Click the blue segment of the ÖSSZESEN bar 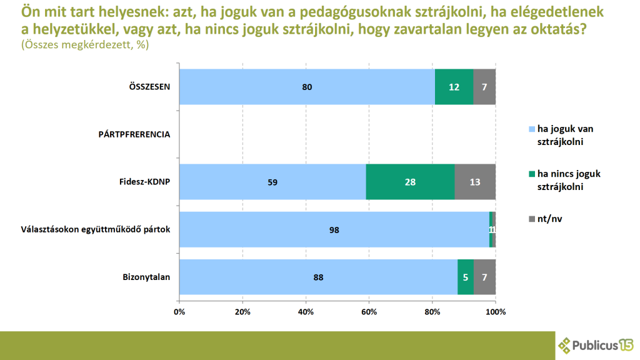click(x=307, y=87)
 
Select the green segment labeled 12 click(x=454, y=87)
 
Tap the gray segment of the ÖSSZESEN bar click(x=484, y=87)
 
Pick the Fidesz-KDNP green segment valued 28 click(x=410, y=182)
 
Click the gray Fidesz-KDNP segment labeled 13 click(x=475, y=182)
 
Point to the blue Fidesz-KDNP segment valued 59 click(x=272, y=182)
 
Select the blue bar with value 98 click(x=334, y=229)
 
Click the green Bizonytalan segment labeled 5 click(x=466, y=277)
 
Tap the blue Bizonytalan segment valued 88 click(x=318, y=277)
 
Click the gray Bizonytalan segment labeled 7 click(x=484, y=277)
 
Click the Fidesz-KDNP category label click(x=145, y=182)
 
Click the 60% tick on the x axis click(x=369, y=311)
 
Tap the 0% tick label click(x=179, y=311)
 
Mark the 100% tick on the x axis click(x=496, y=311)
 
